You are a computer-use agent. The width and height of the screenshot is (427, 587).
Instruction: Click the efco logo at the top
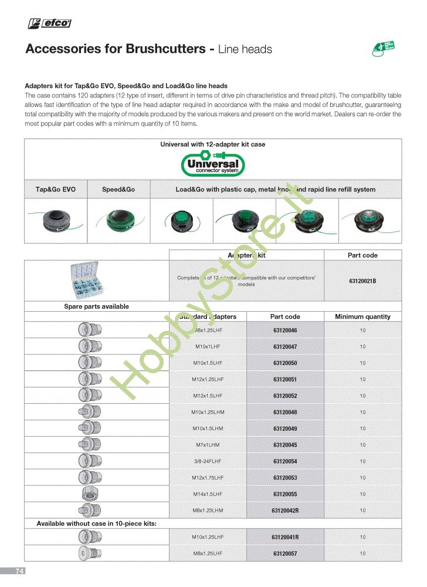pyautogui.click(x=50, y=23)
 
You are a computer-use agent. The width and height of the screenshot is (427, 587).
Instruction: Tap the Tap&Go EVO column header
pyautogui.click(x=56, y=190)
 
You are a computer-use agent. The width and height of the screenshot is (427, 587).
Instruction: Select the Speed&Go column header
pyautogui.click(x=118, y=190)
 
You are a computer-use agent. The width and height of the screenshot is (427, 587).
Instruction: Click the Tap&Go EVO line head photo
pyautogui.click(x=56, y=220)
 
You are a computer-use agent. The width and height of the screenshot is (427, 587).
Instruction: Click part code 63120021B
pyautogui.click(x=362, y=281)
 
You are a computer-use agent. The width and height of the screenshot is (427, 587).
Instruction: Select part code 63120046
pyautogui.click(x=285, y=330)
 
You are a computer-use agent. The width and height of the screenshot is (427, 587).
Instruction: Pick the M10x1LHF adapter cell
pyautogui.click(x=209, y=347)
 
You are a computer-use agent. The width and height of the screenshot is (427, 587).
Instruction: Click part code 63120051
pyautogui.click(x=285, y=380)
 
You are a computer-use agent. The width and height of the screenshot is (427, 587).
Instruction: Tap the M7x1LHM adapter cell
pyautogui.click(x=209, y=445)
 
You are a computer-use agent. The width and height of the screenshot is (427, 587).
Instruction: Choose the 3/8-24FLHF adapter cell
pyautogui.click(x=209, y=461)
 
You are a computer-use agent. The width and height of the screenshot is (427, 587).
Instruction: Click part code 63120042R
pyautogui.click(x=285, y=511)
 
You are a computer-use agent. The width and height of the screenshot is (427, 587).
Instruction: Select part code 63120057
pyautogui.click(x=285, y=554)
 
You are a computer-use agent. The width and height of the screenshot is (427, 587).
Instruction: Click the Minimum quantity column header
pyautogui.click(x=362, y=316)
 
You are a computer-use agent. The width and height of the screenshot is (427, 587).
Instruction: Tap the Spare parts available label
pyautogui.click(x=96, y=306)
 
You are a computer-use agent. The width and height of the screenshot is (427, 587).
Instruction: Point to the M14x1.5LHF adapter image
pyautogui.click(x=90, y=494)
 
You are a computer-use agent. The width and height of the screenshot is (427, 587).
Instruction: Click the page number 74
pyautogui.click(x=19, y=571)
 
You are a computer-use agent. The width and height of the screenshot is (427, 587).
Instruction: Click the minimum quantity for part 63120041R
pyautogui.click(x=362, y=537)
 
